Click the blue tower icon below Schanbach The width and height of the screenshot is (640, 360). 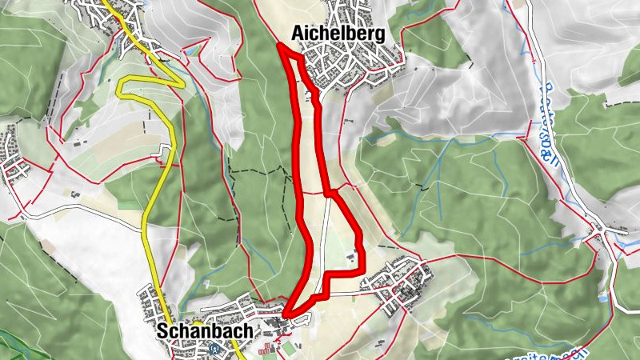213,348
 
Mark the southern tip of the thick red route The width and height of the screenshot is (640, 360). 286,311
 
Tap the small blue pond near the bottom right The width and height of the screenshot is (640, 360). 602,298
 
